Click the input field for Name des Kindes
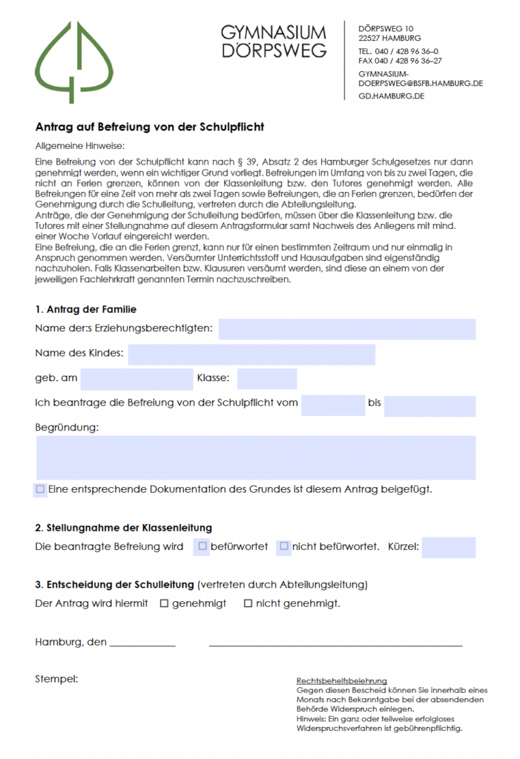tap(251, 354)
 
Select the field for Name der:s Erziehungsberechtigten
tap(346, 329)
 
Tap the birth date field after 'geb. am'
tap(136, 379)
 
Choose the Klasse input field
tap(266, 379)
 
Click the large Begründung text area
tap(256, 457)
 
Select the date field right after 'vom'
tap(332, 405)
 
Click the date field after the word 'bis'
tap(430, 405)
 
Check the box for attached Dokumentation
tap(40, 489)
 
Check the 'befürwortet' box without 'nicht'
tap(203, 547)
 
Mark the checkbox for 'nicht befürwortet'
tap(284, 547)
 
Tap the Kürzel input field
tap(448, 548)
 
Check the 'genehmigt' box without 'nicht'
tap(165, 603)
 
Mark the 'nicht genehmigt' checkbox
tap(249, 603)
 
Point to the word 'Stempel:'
tap(56, 678)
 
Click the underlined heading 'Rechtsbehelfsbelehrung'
tap(342, 680)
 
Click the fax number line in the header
tap(400, 61)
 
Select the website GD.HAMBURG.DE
tap(391, 96)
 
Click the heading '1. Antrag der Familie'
tap(85, 309)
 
